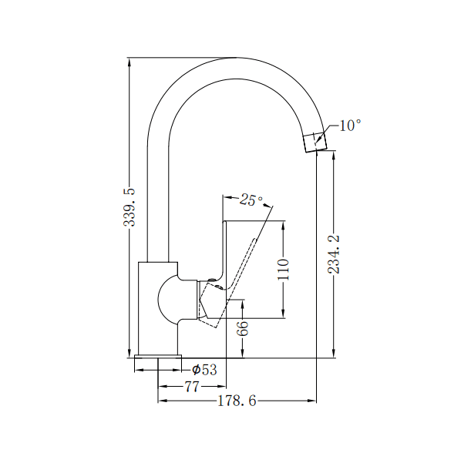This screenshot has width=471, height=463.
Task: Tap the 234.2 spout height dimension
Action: tap(334, 253)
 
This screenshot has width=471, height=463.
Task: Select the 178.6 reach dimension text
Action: tap(237, 401)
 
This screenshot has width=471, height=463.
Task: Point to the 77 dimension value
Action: tap(192, 385)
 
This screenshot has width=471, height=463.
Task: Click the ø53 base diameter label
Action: tap(204, 370)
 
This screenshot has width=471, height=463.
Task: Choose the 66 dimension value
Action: tap(243, 327)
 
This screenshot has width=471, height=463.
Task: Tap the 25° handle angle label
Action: tap(250, 200)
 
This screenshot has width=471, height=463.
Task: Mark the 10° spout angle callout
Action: tap(349, 125)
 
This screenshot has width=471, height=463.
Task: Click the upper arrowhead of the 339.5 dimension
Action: tap(130, 62)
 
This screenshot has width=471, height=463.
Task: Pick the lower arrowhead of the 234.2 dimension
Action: tap(334, 354)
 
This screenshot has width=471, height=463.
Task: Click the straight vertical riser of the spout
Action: tap(157, 200)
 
